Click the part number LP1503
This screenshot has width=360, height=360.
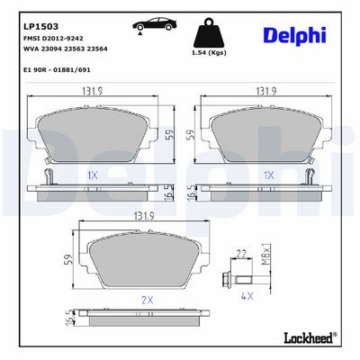(x=40, y=26)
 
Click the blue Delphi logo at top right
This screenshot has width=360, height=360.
(x=294, y=36)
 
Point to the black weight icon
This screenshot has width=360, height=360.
(x=209, y=32)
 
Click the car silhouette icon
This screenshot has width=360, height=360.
(x=154, y=24)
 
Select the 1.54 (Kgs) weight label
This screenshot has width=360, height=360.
(x=209, y=53)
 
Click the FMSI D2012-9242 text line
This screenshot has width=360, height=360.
(x=53, y=39)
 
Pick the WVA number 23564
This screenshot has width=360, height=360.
(x=97, y=49)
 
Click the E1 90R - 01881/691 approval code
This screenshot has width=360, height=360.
(x=57, y=70)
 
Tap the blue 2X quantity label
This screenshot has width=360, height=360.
(x=148, y=300)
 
